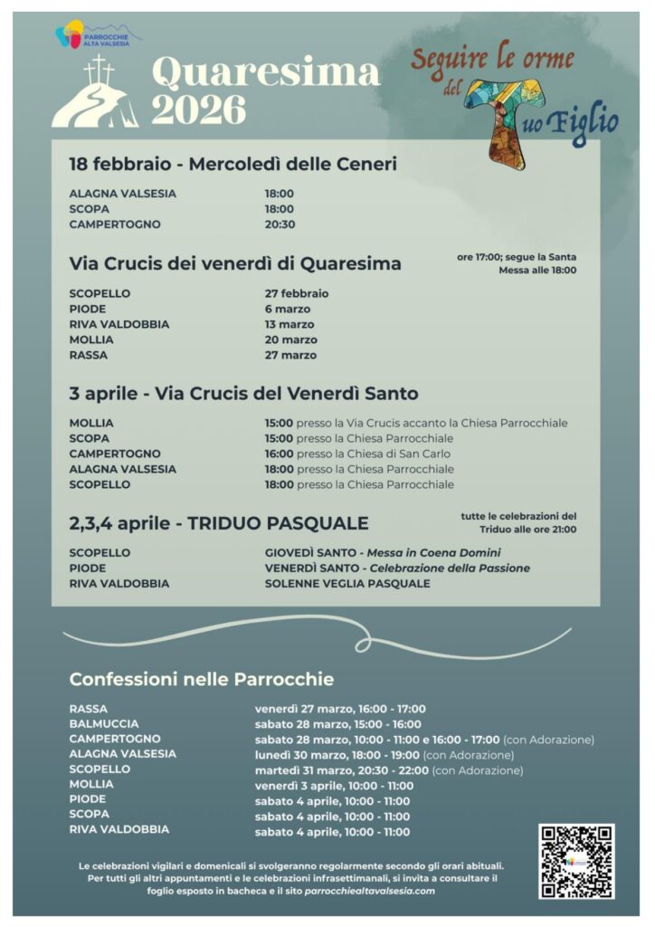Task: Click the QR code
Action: tap(576, 861)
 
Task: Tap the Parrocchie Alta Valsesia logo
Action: tap(98, 36)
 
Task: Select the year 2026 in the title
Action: tap(198, 110)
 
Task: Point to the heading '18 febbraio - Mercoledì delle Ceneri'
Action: tap(233, 164)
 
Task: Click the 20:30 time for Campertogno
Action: tap(280, 225)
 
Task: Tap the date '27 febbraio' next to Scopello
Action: tap(297, 293)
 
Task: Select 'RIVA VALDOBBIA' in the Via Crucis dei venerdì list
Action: tap(119, 324)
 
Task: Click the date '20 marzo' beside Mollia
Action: tap(290, 339)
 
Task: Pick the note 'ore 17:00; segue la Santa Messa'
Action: tap(517, 263)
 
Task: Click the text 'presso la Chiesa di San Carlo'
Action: tap(374, 454)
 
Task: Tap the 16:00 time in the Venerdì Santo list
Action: tap(279, 454)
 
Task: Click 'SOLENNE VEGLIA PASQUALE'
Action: tap(347, 584)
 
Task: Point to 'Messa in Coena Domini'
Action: tap(433, 553)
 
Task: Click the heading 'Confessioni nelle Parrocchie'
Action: tap(202, 679)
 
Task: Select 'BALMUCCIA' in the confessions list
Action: tap(104, 724)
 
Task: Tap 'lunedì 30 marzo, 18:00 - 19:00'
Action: tap(337, 754)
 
